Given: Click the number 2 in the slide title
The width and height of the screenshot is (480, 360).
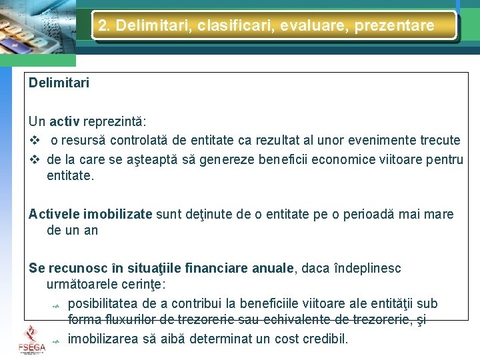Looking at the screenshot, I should point(103,26).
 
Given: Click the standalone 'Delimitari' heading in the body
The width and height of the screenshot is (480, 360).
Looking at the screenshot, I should point(59,83).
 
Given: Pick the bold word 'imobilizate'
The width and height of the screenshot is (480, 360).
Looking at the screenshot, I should point(118,214).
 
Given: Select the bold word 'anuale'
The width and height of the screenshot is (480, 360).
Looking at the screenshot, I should point(273,268).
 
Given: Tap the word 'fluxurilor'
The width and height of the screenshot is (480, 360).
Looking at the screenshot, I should point(131,321).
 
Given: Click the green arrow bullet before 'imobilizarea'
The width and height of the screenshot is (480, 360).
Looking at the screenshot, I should point(56,341).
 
